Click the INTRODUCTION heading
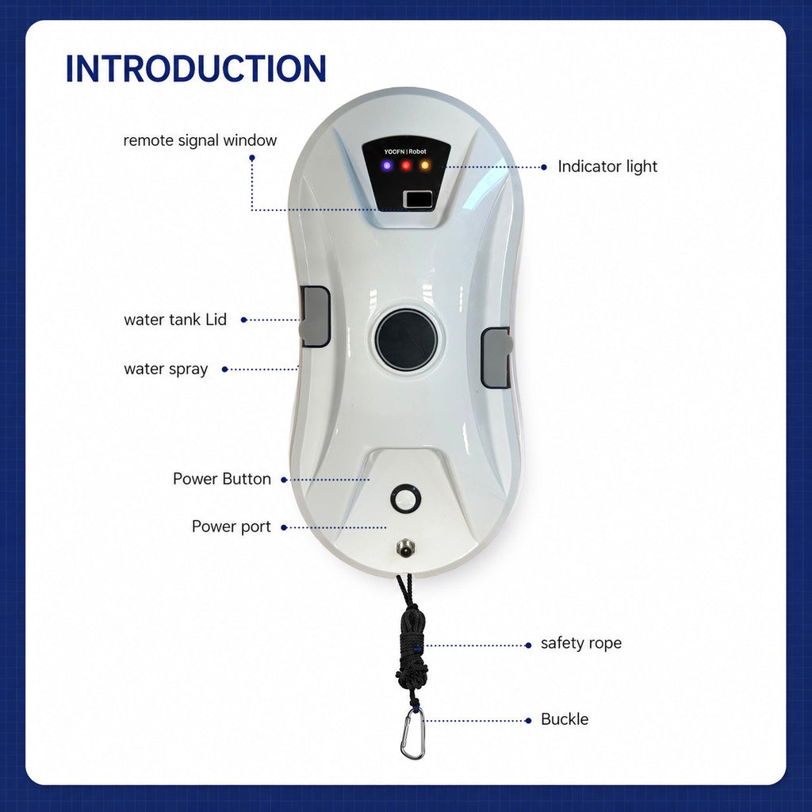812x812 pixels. click(196, 68)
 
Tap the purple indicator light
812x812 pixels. click(387, 166)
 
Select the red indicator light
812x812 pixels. click(406, 166)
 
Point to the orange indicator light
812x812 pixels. click(425, 166)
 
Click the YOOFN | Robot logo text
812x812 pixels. click(405, 151)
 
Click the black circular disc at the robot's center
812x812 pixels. click(406, 339)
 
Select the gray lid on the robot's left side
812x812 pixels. click(315, 316)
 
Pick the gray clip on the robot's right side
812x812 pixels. click(496, 358)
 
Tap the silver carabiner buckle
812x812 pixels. click(412, 733)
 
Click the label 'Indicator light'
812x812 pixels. click(607, 167)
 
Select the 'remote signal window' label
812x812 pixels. click(200, 140)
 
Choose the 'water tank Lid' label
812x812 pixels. click(175, 320)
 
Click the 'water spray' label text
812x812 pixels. click(166, 370)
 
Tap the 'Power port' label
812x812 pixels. click(231, 527)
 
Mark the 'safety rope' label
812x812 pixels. click(581, 643)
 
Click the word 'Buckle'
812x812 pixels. click(565, 719)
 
